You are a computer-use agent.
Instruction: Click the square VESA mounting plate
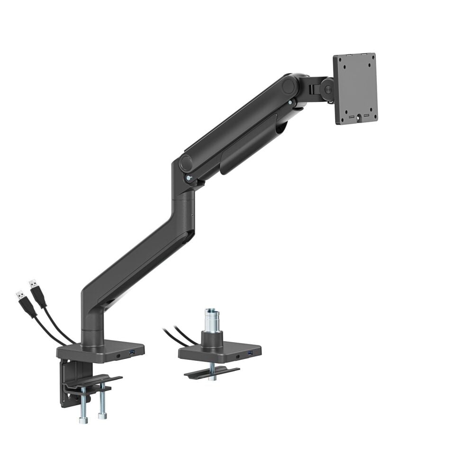pos(355,88)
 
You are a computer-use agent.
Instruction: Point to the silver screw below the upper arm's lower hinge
pos(190,178)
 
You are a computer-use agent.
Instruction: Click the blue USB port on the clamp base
pos(132,352)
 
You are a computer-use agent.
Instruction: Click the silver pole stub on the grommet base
pos(211,320)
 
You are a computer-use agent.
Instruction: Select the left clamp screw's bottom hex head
pos(82,419)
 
